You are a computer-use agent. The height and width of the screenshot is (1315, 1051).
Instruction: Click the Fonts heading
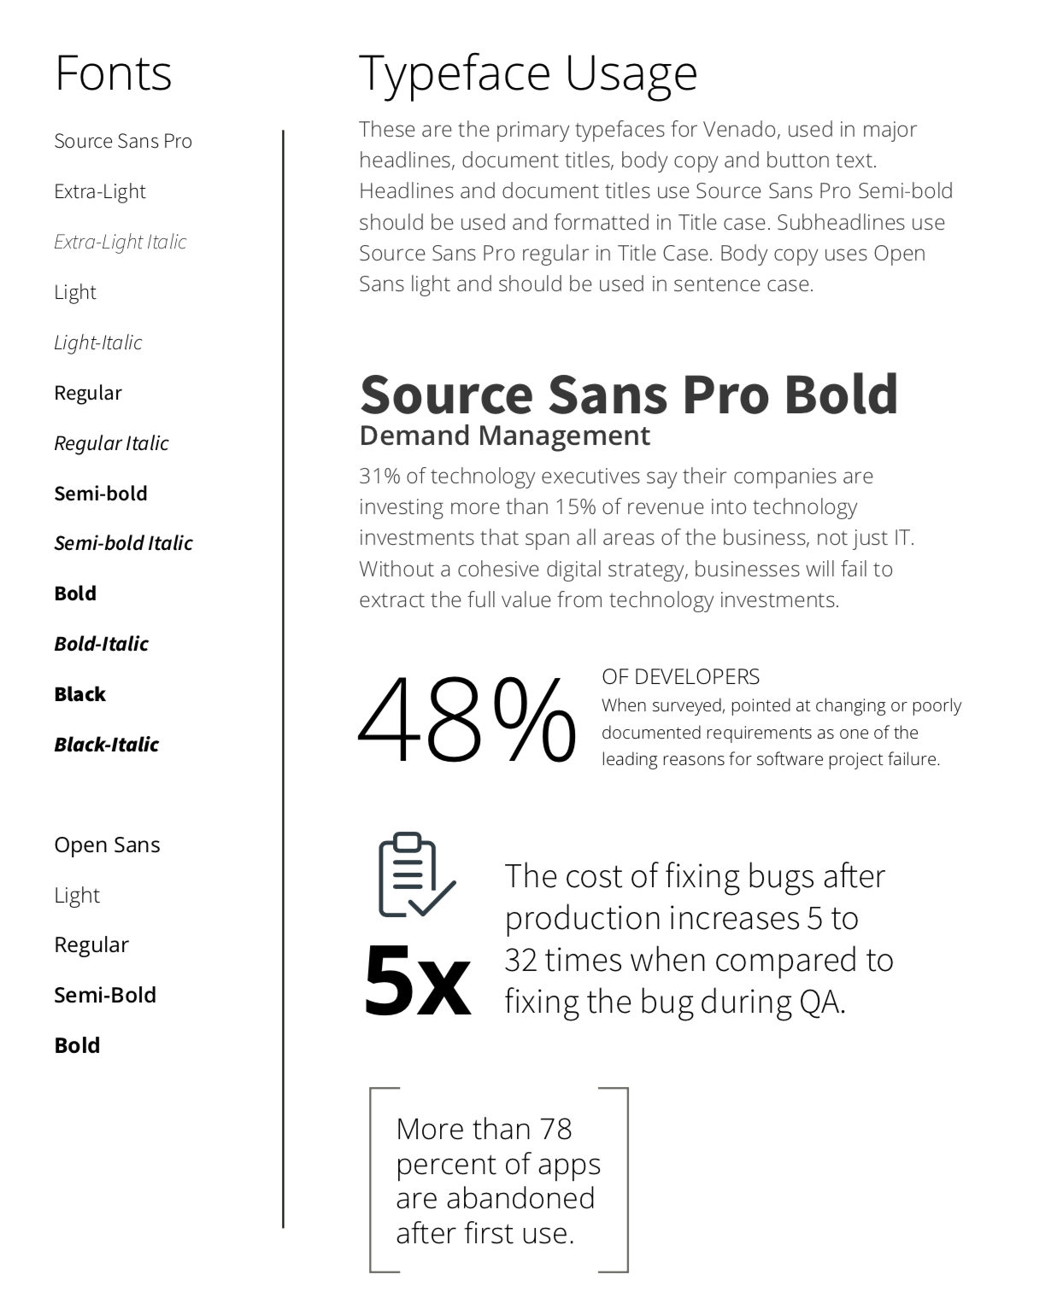(113, 73)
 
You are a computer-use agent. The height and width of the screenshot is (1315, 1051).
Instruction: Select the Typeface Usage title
(528, 74)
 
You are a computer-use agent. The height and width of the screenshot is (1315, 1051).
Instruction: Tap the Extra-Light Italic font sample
(120, 243)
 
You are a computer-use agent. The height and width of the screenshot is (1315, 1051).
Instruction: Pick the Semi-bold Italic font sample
(123, 543)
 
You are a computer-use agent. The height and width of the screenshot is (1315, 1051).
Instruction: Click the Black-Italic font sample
(106, 745)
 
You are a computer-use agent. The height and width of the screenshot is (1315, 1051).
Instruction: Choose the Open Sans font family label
(107, 845)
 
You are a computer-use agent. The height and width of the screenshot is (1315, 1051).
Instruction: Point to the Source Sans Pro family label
(123, 142)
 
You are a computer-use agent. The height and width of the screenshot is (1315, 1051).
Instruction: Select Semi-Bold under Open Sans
(104, 996)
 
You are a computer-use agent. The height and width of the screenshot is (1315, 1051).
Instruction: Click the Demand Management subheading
(504, 436)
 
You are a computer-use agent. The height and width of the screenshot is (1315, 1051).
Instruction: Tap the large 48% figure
(467, 722)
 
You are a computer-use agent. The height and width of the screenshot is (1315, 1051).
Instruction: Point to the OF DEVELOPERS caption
(680, 677)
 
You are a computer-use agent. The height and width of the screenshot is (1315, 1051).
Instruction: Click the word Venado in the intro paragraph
(740, 130)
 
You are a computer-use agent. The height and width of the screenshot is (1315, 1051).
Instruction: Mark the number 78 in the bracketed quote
(555, 1130)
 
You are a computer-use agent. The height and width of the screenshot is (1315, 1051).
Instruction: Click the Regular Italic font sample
(111, 443)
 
